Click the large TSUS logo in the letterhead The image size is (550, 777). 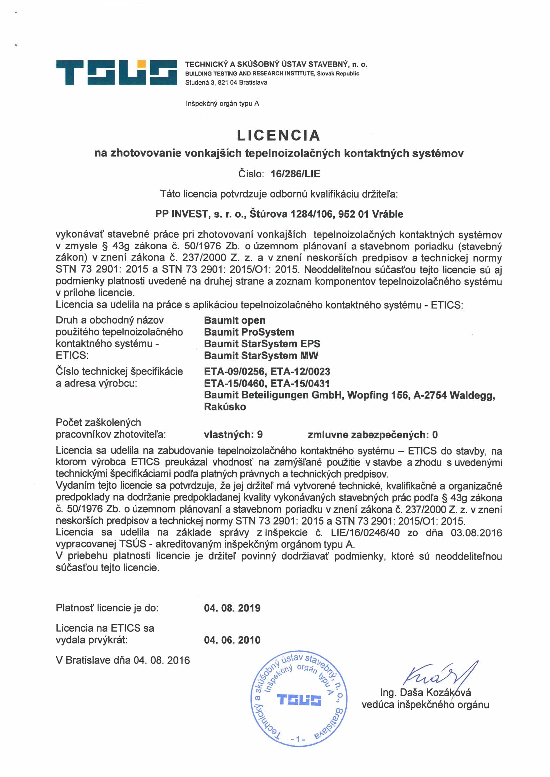[x=116, y=72]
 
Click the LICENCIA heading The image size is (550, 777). [x=278, y=135]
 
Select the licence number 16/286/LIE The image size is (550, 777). [x=295, y=174]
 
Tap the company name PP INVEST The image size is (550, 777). [x=181, y=214]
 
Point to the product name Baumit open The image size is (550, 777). [x=234, y=320]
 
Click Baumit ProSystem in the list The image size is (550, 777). [x=249, y=332]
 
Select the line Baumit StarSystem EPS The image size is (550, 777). [x=262, y=344]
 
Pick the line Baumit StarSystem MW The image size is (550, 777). [x=261, y=356]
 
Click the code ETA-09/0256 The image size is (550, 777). [x=234, y=372]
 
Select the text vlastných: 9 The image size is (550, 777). [x=233, y=435]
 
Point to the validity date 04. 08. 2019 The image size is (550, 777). [x=232, y=608]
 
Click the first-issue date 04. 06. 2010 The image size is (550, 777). [x=232, y=640]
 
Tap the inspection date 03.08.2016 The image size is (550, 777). [x=476, y=533]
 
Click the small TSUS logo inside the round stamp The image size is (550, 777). [x=299, y=700]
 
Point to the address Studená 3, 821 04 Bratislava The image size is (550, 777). [x=226, y=83]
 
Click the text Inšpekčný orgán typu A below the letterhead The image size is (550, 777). [x=222, y=104]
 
